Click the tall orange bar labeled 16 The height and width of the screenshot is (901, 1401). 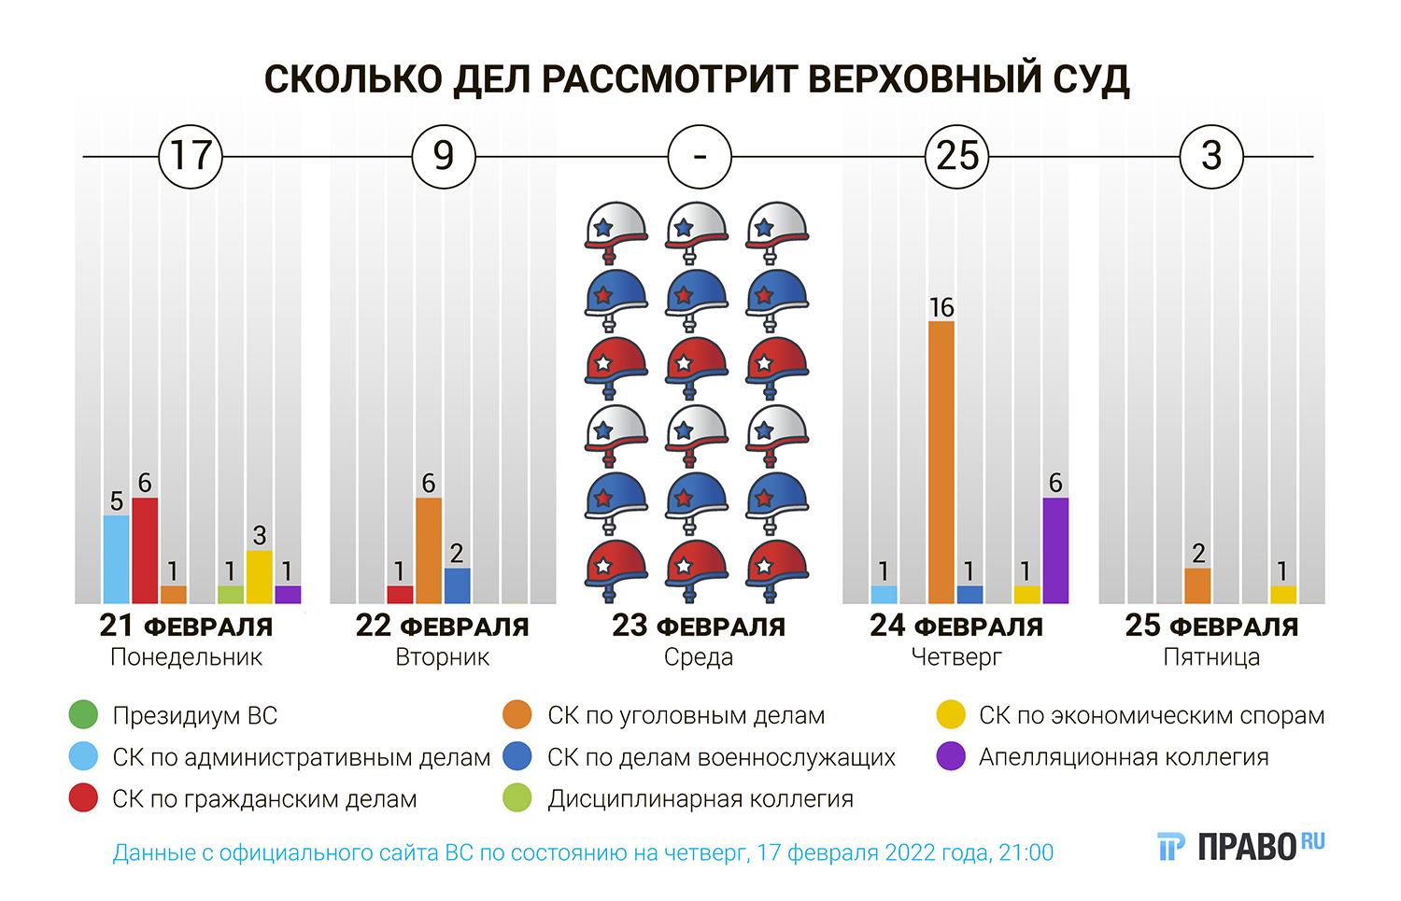pos(941,462)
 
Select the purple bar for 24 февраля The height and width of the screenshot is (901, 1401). pos(1055,550)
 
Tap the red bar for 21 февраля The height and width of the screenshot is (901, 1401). pos(145,550)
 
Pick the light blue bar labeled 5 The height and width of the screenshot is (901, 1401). pos(117,558)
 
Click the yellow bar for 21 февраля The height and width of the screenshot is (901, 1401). pos(260,576)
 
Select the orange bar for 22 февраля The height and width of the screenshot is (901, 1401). pos(429,550)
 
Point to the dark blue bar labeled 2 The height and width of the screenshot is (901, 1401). pos(458,585)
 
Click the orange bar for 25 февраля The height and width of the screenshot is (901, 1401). pos(1197,585)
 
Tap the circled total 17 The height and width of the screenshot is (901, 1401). pos(191,156)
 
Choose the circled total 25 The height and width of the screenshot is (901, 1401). pos(956,156)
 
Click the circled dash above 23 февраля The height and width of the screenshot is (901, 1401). pos(700,156)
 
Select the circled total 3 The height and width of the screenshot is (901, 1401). pos(1211,156)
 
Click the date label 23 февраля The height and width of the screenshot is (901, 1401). pos(699,626)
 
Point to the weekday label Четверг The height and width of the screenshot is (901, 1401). pos(955,657)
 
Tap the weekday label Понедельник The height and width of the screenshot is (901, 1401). pos(186,657)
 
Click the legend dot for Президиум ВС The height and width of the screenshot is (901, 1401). pos(83,715)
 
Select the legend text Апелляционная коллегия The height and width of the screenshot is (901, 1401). pos(1124,757)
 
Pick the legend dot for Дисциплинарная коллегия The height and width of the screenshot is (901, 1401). pos(517,799)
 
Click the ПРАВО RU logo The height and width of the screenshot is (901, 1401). pos(1241,846)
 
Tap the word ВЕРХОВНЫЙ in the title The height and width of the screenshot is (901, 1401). pos(923,79)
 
